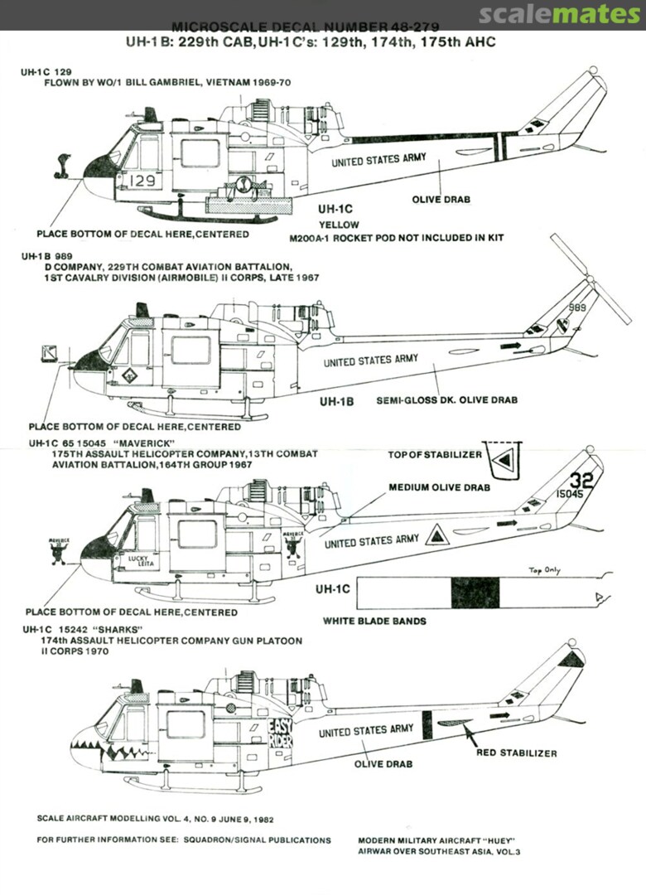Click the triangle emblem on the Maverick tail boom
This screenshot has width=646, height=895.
point(436,535)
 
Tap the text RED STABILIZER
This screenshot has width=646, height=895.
point(516,753)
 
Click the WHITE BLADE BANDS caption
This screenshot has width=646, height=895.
point(374,621)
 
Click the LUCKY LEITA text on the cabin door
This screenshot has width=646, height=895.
point(140,562)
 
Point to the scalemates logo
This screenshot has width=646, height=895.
point(560,14)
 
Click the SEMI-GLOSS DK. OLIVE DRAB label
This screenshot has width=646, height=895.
point(446,400)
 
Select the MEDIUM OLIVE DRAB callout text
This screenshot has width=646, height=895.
point(439,487)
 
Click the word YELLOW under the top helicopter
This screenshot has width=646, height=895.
point(340,225)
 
